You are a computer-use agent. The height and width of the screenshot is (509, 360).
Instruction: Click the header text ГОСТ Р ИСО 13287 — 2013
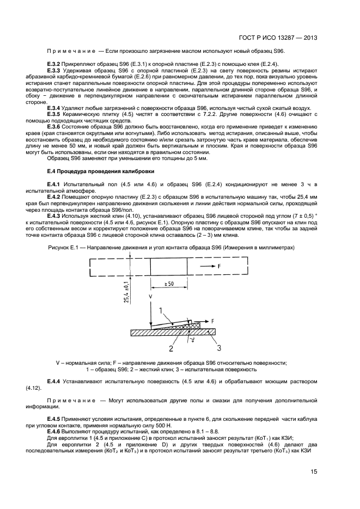tap(278, 38)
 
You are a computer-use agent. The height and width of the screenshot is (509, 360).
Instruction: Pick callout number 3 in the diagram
tap(219, 348)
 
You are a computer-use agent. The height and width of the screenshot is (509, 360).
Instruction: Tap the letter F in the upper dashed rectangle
tap(218, 266)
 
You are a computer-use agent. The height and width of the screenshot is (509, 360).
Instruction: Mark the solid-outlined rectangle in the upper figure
tap(168, 266)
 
